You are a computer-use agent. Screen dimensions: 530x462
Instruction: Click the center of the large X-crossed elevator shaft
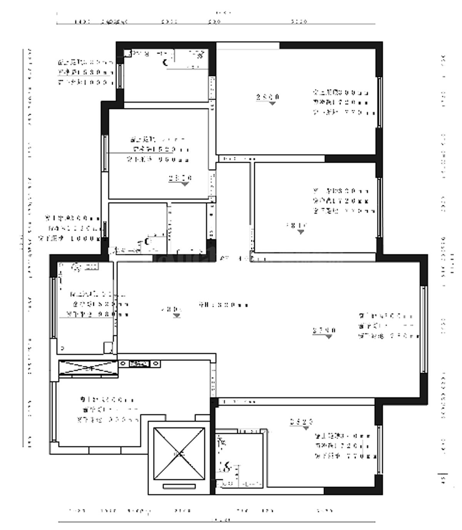tap(179, 454)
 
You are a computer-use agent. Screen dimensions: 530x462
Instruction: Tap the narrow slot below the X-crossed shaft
tap(179, 486)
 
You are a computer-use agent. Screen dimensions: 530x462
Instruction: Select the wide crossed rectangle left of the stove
tap(88, 369)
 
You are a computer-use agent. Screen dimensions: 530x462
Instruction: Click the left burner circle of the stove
tap(123, 363)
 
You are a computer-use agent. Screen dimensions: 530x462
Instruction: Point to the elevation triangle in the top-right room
tap(273, 103)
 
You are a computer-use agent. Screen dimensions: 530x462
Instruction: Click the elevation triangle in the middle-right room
tap(301, 232)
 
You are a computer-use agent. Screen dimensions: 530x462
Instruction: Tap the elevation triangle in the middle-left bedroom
tap(185, 184)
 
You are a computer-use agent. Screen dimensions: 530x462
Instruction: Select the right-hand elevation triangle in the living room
tap(328, 337)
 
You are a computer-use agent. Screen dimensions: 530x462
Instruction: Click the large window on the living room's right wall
tap(423, 329)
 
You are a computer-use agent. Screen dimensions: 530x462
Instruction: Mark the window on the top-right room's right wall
tap(379, 102)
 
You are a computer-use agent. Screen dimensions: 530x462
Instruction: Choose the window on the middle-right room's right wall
tap(379, 208)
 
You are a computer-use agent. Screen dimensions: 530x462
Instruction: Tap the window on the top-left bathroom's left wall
tap(120, 76)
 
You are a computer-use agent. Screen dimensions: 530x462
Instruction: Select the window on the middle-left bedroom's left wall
tap(105, 153)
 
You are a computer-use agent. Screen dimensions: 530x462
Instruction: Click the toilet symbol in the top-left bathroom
tap(166, 62)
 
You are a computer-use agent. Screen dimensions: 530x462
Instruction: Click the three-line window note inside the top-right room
tap(341, 102)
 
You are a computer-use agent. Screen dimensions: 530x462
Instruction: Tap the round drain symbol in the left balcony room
tap(76, 266)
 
